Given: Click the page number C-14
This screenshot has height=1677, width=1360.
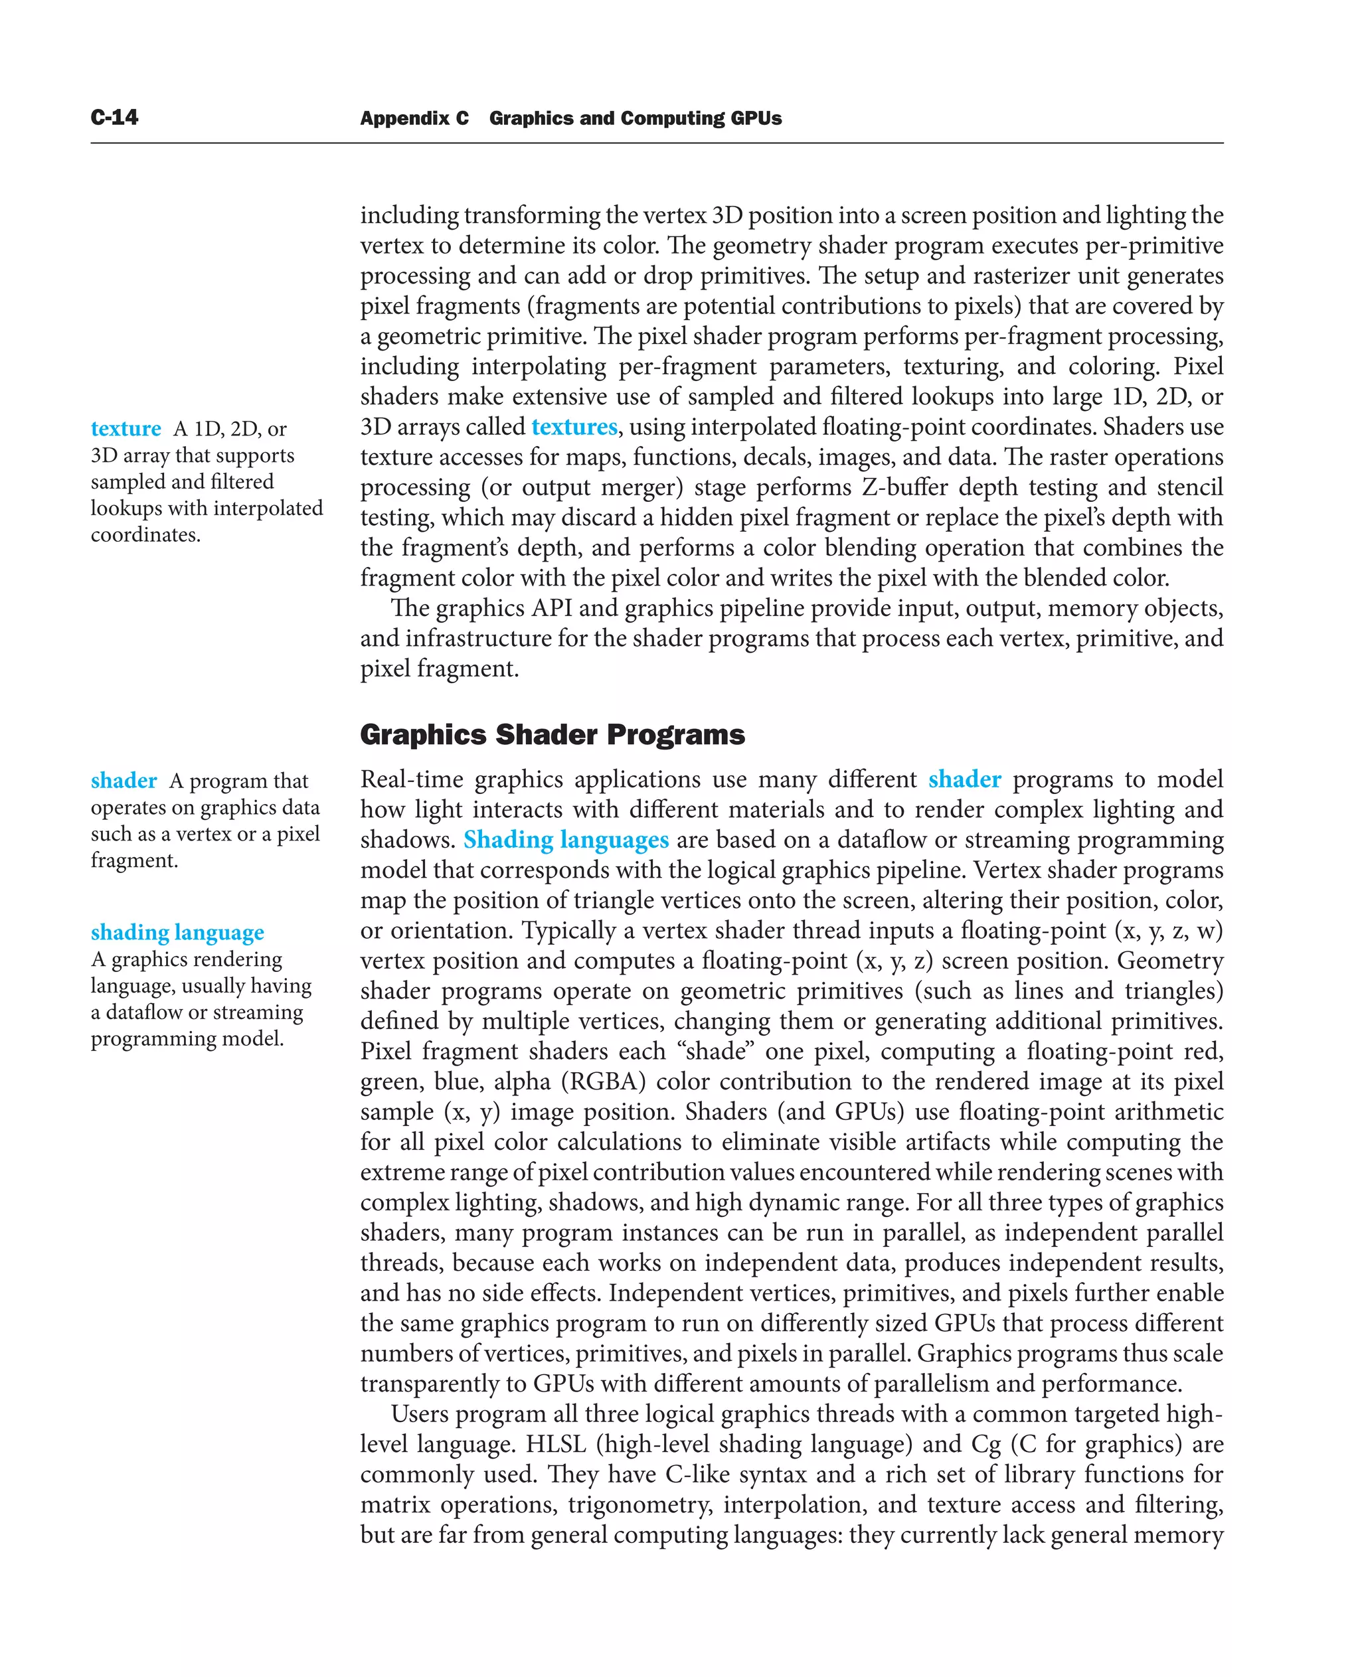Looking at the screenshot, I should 114,118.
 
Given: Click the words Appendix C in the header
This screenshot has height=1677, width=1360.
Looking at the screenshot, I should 414,118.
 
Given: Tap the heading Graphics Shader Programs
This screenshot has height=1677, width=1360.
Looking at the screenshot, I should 552,735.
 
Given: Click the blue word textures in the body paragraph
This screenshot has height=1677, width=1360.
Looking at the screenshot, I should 574,427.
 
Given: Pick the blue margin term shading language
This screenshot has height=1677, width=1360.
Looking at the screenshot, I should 177,932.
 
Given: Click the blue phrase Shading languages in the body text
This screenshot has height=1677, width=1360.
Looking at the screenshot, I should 566,840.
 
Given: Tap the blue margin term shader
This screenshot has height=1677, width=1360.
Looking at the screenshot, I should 124,781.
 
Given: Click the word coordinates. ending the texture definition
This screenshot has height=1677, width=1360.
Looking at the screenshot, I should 145,535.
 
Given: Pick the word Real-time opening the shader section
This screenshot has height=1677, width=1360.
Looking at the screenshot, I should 411,779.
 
